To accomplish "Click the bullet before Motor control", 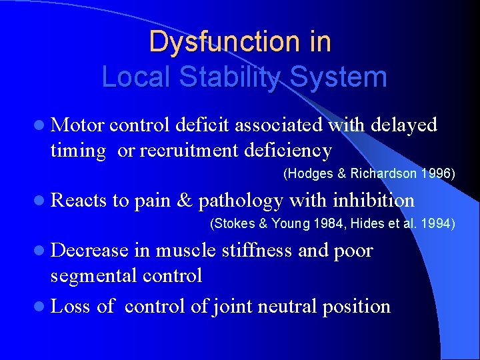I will (x=41, y=125).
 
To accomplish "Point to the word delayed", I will (x=403, y=125).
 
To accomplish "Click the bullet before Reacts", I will (x=41, y=200).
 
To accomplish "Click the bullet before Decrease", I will (x=41, y=251).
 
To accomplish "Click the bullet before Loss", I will (x=41, y=307).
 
